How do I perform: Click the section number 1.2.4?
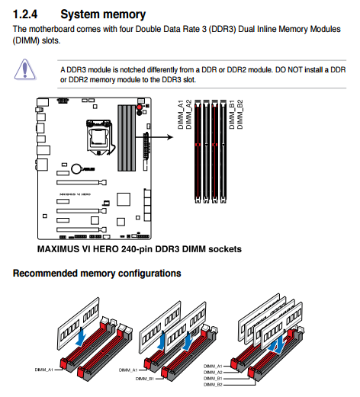(x=25, y=14)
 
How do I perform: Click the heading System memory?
(x=103, y=14)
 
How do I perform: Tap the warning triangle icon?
(x=24, y=69)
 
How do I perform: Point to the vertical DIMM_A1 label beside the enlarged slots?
(x=181, y=114)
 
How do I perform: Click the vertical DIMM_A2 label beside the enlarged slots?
(x=188, y=114)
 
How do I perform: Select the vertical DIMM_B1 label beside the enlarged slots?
(x=232, y=114)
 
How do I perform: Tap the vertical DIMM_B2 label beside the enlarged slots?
(x=239, y=114)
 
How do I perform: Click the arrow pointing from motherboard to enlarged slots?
(x=154, y=137)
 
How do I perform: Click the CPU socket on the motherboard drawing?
(x=99, y=137)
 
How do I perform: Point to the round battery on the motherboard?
(x=76, y=168)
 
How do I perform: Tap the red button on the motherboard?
(x=140, y=107)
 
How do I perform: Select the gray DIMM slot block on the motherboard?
(x=127, y=138)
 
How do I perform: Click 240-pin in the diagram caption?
(x=137, y=249)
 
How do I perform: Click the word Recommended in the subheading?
(x=45, y=274)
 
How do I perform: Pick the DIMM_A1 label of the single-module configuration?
(x=43, y=370)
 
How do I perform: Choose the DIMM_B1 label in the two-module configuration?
(x=145, y=379)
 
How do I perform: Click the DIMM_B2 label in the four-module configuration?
(x=213, y=385)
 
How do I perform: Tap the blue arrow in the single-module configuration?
(x=82, y=337)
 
